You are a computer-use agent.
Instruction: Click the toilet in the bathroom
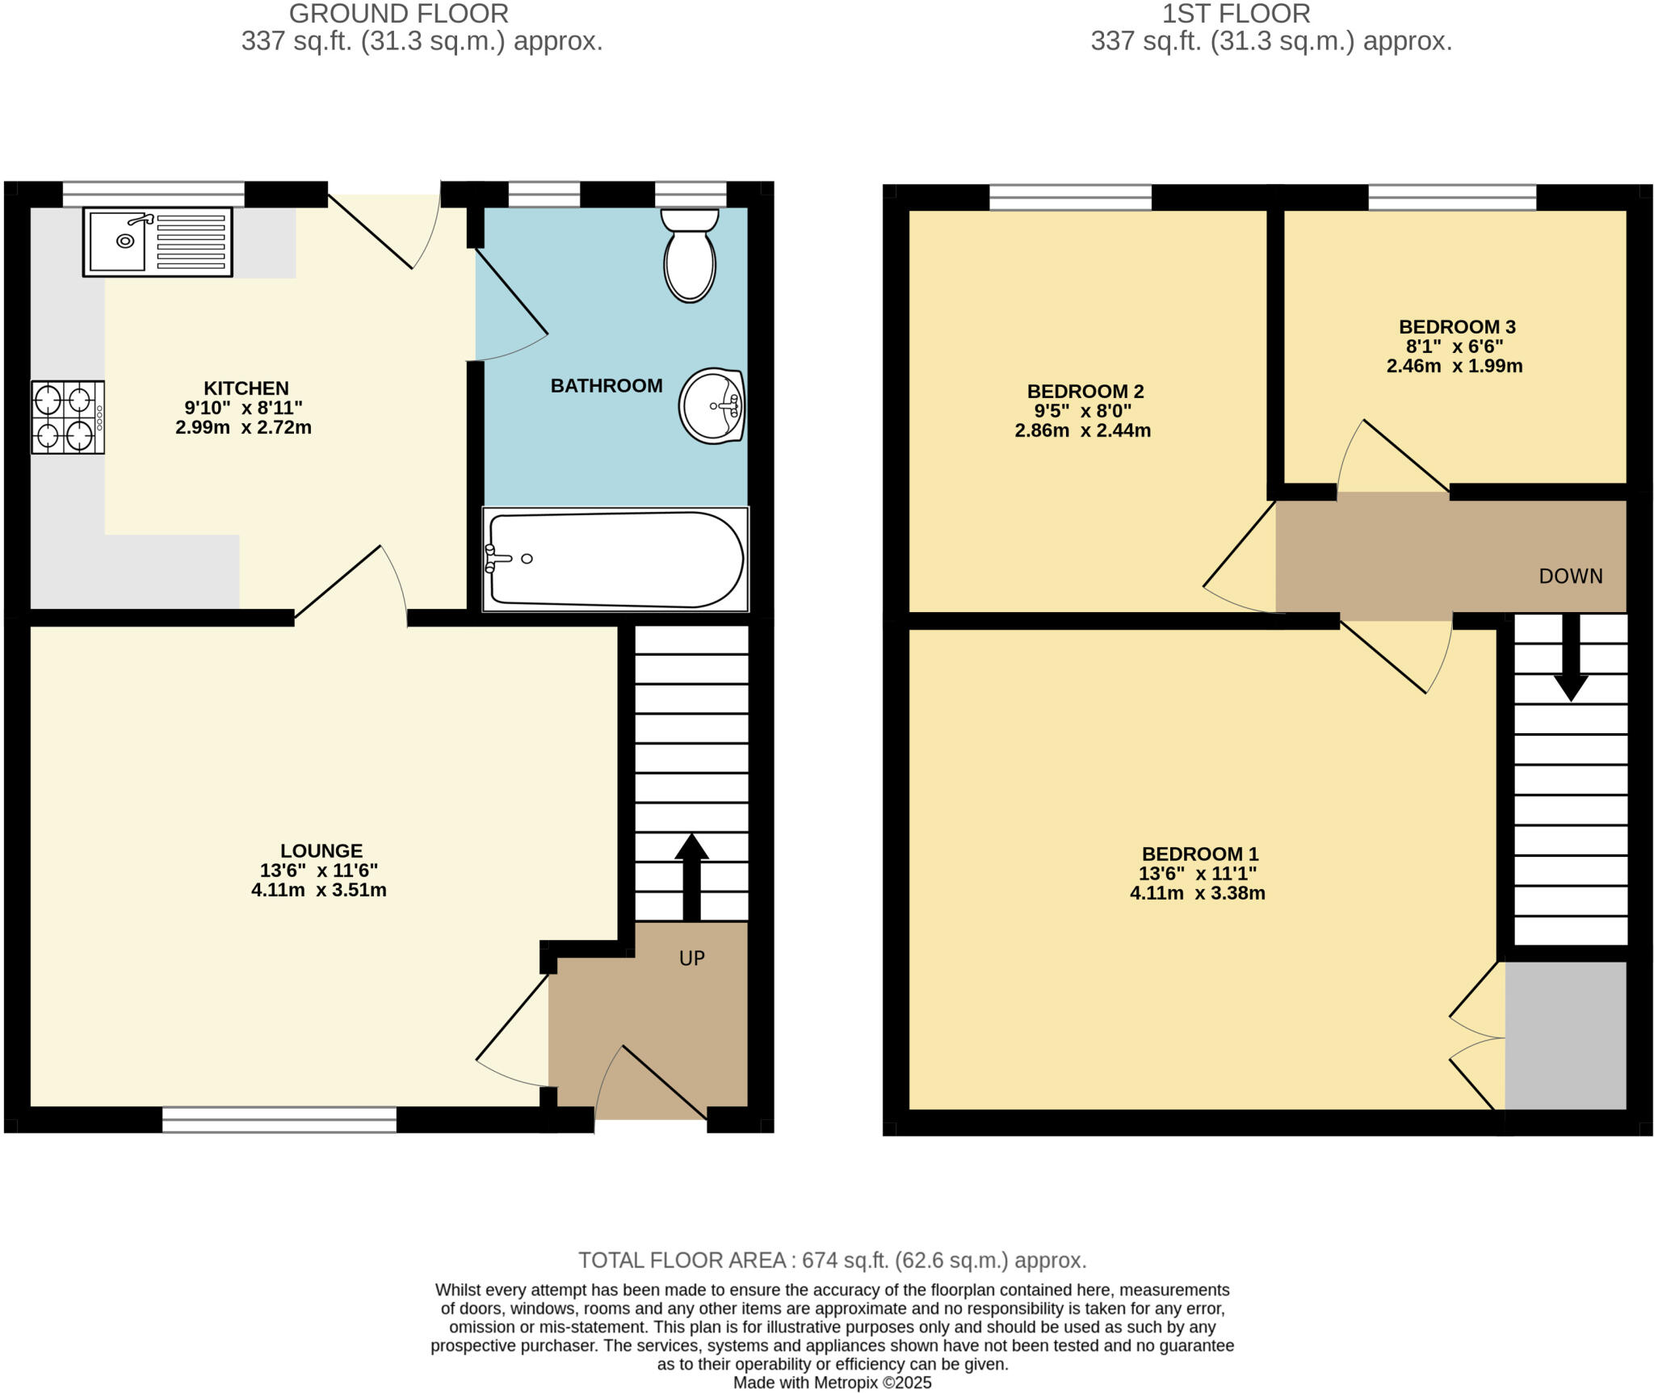click(689, 256)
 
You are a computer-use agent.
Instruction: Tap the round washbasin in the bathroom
click(711, 405)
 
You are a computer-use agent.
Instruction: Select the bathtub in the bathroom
click(615, 559)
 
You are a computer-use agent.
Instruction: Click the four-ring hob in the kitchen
click(67, 417)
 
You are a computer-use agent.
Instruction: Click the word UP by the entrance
click(691, 959)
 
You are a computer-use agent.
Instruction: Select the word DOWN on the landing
click(1570, 577)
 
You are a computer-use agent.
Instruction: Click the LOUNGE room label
click(321, 851)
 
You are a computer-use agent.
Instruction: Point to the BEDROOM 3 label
click(1456, 327)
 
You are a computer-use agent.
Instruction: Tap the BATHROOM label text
click(606, 386)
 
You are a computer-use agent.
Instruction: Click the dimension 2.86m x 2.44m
click(1082, 431)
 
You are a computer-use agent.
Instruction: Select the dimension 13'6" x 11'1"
click(1198, 874)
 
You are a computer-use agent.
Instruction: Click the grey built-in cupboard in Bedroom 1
click(1564, 1035)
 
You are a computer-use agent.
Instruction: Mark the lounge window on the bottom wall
click(279, 1119)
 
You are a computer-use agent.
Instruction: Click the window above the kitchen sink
click(153, 194)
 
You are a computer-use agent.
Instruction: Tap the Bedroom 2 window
click(1070, 197)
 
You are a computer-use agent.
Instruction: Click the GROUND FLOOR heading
click(398, 14)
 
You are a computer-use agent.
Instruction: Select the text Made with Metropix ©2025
click(832, 1383)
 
